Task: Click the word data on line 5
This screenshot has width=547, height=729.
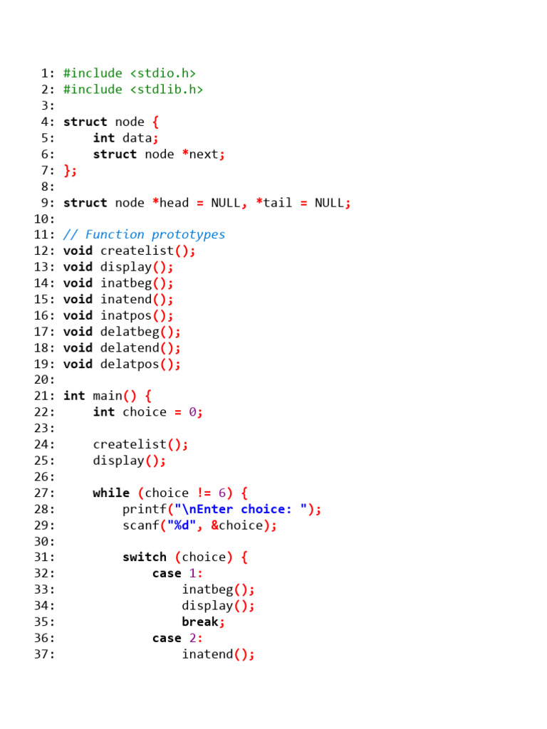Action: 137,138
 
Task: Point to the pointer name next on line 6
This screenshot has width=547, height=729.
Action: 204,154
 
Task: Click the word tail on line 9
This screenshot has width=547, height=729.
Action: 278,203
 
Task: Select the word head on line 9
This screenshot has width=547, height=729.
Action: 174,203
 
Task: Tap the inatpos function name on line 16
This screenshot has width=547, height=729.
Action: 125,315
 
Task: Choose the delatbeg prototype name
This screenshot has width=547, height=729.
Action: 129,332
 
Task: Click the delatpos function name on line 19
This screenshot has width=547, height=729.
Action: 129,364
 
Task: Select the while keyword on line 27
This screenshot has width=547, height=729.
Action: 110,493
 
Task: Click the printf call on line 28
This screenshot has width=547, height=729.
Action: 140,510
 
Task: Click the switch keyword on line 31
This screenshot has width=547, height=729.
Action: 144,557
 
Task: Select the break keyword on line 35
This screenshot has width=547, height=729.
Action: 199,622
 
